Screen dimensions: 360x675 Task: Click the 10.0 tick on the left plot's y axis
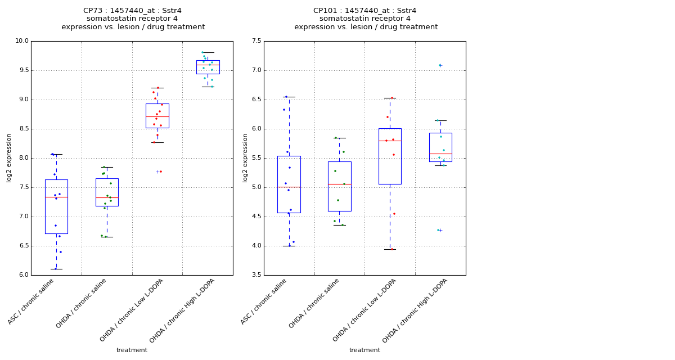[21, 41]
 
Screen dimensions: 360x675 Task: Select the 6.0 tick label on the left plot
[22, 275]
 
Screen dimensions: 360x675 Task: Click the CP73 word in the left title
[93, 11]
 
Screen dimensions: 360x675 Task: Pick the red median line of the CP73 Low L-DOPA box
[157, 116]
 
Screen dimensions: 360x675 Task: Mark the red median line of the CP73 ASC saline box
[56, 197]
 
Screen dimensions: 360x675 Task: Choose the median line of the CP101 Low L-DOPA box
[390, 141]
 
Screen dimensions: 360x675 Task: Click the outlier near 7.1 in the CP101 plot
[440, 65]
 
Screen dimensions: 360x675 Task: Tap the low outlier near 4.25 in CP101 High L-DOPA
[440, 230]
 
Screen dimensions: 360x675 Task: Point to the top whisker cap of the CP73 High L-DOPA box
[208, 52]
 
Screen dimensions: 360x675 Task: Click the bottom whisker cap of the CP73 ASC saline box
[56, 269]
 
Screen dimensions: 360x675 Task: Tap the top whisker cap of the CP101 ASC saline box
[289, 97]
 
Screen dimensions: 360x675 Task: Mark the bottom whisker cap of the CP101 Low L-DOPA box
[390, 249]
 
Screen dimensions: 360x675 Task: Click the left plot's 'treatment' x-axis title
[132, 350]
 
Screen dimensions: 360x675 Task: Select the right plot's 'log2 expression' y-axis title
[245, 157]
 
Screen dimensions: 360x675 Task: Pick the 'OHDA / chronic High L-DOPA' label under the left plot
[183, 310]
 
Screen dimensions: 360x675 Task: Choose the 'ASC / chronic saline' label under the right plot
[264, 301]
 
